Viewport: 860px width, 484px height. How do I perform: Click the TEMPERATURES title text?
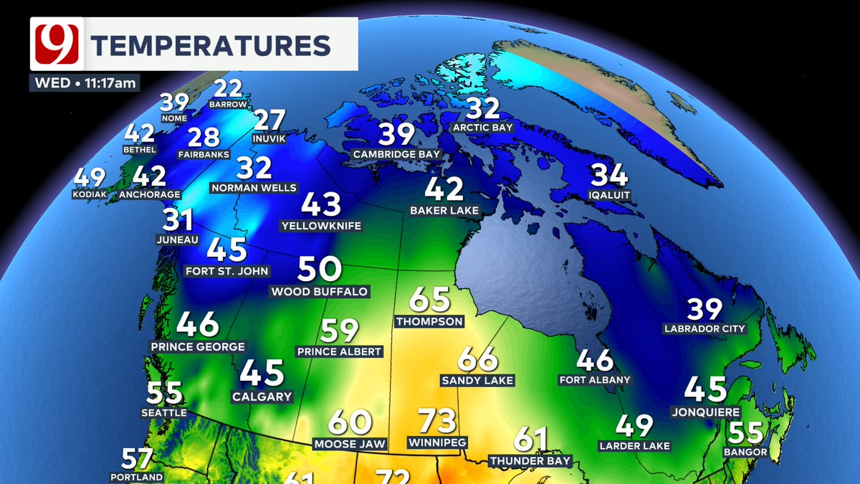click(x=211, y=45)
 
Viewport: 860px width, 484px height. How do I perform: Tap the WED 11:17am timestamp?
click(x=85, y=82)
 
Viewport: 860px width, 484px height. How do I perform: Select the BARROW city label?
click(x=228, y=105)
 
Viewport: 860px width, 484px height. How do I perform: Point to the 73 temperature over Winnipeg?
click(x=437, y=419)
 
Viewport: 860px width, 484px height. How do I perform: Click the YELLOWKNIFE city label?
click(x=321, y=226)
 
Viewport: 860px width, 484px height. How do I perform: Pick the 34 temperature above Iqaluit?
click(x=609, y=176)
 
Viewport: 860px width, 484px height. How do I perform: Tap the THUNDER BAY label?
click(x=530, y=460)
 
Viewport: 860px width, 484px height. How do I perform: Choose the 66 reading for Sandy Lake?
click(x=477, y=359)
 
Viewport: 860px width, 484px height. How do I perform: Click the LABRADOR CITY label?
click(x=704, y=329)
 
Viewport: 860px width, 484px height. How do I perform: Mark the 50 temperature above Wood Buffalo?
click(x=319, y=270)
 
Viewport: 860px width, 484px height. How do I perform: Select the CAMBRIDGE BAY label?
click(x=396, y=154)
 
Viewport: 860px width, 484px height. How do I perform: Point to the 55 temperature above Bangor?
click(x=745, y=432)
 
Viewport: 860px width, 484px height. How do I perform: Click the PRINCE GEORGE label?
click(x=198, y=346)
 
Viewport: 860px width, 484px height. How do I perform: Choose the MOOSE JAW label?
click(x=350, y=444)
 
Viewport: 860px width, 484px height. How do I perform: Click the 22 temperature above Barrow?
click(x=229, y=89)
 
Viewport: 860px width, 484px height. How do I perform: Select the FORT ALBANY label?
click(x=595, y=379)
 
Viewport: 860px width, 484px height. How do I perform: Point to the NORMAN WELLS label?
click(x=254, y=188)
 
